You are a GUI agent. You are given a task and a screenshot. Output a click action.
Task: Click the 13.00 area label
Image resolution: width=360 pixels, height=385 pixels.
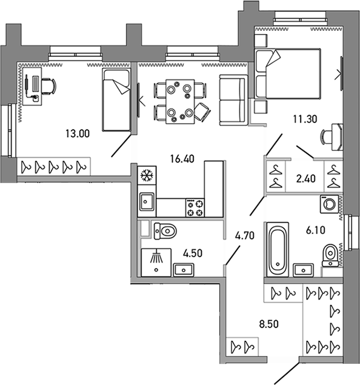78,134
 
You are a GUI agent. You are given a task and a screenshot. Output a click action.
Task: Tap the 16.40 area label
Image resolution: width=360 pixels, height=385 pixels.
182,159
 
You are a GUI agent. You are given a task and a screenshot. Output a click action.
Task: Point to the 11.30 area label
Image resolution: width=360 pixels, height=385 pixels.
305,119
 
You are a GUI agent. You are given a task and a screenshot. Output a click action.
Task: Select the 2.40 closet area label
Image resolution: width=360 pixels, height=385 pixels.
306,179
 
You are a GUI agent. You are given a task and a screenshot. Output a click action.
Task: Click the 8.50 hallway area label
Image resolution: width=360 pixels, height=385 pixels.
269,324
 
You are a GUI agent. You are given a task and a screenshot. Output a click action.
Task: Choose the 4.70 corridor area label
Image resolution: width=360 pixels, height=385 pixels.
245,236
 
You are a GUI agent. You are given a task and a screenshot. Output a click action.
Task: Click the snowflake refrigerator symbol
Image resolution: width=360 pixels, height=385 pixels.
147,175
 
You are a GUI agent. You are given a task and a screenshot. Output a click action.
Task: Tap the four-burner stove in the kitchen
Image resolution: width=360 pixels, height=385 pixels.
195,207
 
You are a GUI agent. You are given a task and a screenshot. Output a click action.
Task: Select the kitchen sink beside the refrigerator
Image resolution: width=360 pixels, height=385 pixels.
147,201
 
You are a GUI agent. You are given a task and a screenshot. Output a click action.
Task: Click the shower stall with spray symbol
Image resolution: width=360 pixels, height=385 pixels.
156,263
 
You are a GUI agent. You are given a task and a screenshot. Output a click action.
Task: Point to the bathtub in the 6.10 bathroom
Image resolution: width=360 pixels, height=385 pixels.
278,249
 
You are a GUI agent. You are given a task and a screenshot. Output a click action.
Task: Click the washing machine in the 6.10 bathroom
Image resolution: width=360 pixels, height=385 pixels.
329,204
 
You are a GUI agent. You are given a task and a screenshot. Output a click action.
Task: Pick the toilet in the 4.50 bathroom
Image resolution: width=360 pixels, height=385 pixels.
165,231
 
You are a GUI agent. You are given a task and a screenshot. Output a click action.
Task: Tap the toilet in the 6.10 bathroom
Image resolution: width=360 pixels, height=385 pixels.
330,255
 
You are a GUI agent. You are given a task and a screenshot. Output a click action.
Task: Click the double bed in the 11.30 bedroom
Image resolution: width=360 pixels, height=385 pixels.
288,73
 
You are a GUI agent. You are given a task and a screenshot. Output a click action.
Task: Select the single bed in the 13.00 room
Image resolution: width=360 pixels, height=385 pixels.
116,100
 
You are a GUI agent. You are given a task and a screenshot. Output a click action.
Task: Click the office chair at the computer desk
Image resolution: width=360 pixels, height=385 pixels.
48,86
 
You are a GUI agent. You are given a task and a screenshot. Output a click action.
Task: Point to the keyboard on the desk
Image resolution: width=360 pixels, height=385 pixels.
36,84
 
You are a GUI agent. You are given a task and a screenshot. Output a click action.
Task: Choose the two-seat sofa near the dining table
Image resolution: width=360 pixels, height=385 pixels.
232,100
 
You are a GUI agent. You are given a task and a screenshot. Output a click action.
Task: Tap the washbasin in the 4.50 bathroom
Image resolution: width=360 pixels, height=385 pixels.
184,270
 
